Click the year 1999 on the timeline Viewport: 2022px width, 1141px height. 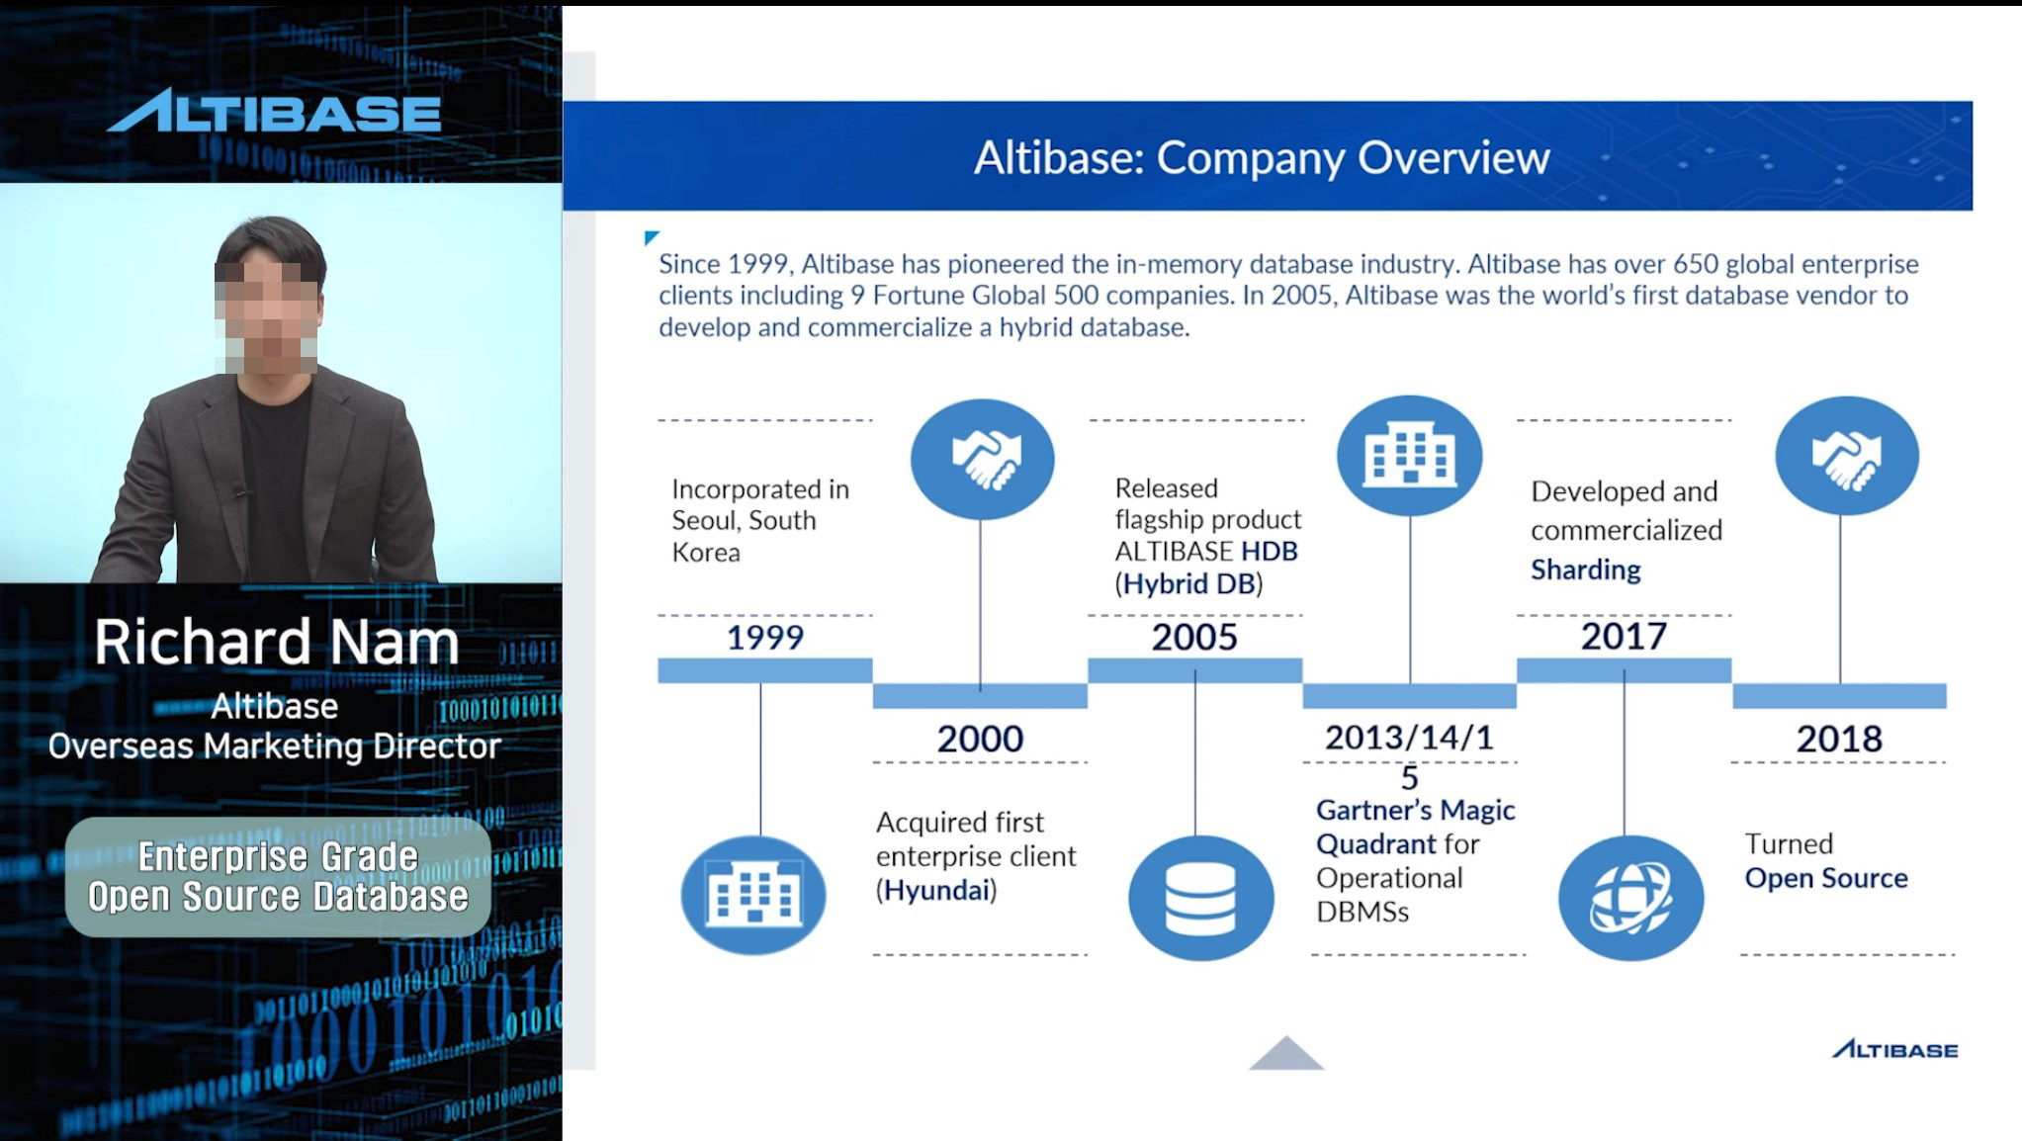coord(765,637)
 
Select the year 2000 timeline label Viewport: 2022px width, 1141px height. coord(980,739)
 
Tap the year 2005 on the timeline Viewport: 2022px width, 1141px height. coord(1194,637)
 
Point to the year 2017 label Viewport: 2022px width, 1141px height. coord(1624,636)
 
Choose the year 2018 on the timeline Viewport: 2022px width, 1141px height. coord(1839,739)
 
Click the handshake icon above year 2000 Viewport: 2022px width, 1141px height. coord(983,459)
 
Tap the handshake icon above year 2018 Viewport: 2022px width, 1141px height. coord(1847,456)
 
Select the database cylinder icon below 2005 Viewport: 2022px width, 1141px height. coord(1200,898)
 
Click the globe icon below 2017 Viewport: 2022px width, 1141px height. coord(1630,898)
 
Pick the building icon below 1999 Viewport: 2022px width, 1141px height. coord(753,895)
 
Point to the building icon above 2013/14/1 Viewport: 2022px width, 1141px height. coord(1410,456)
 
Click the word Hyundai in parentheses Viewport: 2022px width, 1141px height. coord(936,890)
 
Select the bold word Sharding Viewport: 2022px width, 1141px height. coord(1586,570)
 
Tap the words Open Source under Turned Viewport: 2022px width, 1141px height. coord(1826,878)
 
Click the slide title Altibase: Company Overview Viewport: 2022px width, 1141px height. coord(1262,157)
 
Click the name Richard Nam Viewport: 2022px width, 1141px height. coord(277,642)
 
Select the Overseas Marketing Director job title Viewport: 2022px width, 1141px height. coord(275,746)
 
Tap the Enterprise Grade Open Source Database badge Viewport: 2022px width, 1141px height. coord(278,876)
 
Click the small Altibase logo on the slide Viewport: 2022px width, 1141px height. coord(1894,1049)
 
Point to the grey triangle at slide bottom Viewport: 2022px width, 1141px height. coord(1285,1055)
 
